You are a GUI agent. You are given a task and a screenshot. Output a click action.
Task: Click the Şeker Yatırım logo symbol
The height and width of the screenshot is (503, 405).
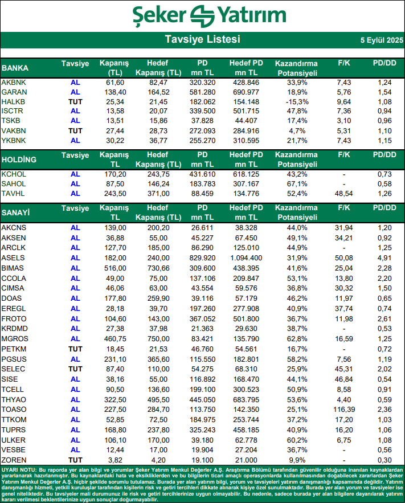coord(202,15)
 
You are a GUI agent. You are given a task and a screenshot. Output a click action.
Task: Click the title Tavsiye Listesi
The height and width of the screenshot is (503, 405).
coord(202,40)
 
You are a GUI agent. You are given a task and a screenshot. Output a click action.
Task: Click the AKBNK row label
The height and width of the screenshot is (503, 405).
coord(14,83)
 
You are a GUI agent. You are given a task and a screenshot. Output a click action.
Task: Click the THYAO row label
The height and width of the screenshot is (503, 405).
coord(14,399)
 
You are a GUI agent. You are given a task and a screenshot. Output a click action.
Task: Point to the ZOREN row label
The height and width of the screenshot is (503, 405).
coord(14,459)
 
